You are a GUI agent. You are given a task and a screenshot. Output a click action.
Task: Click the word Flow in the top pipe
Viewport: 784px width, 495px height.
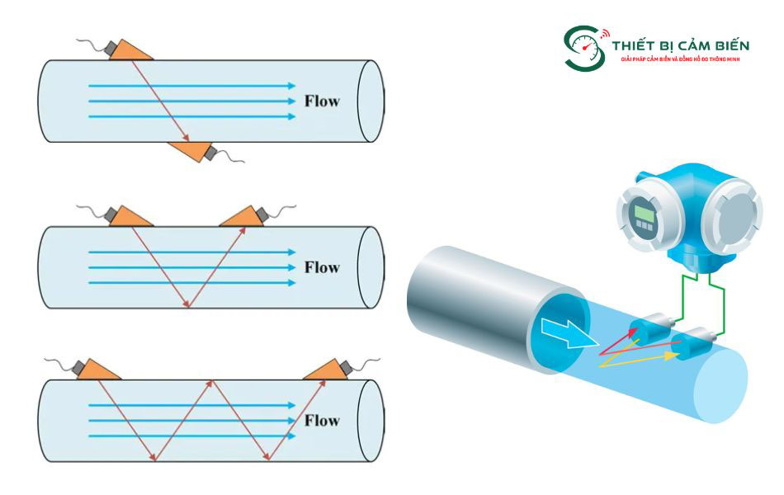point(322,101)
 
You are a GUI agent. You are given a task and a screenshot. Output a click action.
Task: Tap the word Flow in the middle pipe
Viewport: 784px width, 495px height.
point(322,267)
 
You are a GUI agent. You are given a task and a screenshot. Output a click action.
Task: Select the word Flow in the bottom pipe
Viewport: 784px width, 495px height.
point(322,420)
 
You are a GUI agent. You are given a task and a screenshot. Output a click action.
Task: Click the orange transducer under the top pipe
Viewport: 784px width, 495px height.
point(190,150)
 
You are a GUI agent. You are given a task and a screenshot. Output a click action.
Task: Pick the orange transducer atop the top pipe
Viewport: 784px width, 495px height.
point(130,51)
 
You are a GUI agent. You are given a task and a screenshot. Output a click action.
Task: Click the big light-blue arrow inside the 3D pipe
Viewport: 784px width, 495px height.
point(569,332)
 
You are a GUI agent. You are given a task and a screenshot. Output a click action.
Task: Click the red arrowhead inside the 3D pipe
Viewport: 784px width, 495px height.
point(634,332)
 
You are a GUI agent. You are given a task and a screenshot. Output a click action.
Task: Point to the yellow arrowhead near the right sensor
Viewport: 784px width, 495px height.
point(672,356)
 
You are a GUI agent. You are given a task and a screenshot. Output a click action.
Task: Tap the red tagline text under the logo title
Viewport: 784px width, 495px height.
point(680,59)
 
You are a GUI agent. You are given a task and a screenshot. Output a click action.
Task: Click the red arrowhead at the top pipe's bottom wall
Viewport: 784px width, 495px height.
point(186,137)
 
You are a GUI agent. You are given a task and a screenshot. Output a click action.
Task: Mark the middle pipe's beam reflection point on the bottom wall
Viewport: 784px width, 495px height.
point(188,307)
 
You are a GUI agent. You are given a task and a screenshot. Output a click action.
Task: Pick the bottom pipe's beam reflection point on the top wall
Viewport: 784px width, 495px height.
point(212,380)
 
